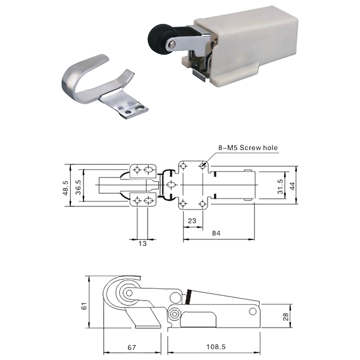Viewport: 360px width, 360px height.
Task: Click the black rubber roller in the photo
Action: pyautogui.click(x=158, y=38)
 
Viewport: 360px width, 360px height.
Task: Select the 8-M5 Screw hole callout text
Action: pyautogui.click(x=248, y=148)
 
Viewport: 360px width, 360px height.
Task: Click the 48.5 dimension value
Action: pyautogui.click(x=65, y=188)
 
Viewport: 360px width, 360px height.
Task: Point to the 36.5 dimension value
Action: pyautogui.click(x=78, y=187)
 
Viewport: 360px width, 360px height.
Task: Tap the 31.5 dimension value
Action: pyautogui.click(x=280, y=187)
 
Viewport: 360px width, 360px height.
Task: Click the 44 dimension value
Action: pyautogui.click(x=292, y=186)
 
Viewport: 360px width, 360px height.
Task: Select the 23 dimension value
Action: pyautogui.click(x=192, y=221)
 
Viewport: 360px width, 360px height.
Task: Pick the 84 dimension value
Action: pyautogui.click(x=216, y=233)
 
